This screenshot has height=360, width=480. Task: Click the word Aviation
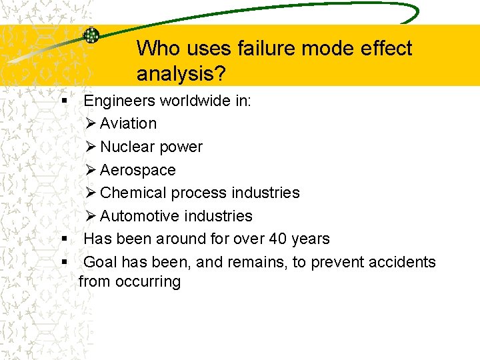coord(128,123)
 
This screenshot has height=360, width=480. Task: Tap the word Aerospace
coord(137,170)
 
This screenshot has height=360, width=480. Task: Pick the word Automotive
coord(140,216)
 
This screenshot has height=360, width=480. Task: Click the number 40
coord(273,239)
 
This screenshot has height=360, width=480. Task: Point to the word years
coord(309,239)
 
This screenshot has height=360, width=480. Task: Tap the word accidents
coord(401,262)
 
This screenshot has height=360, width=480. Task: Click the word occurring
coord(148,281)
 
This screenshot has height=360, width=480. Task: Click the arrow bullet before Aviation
coord(91,123)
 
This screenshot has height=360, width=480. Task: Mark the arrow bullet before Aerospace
coord(91,170)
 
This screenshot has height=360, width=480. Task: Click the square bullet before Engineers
coord(65,101)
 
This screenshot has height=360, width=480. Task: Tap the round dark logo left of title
coord(91,35)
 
